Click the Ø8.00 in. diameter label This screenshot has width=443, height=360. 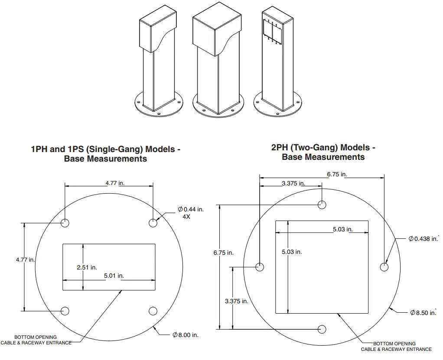point(186,335)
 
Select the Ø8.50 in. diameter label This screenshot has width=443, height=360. point(423,313)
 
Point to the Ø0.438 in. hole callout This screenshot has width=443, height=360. point(423,239)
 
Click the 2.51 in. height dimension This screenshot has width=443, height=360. point(87,267)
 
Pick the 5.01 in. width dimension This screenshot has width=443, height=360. point(114,276)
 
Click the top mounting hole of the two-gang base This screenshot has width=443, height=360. point(322,204)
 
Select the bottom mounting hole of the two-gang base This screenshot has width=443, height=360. point(322,329)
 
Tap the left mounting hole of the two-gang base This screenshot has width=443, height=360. point(260,267)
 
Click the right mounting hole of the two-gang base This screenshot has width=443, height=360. point(384,267)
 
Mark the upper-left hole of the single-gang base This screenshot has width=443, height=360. point(65,223)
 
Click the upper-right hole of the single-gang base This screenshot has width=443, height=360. point(153,223)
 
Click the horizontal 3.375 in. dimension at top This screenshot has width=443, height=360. point(293,183)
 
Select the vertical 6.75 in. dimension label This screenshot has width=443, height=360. point(223,253)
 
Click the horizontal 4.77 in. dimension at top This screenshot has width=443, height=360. point(115,183)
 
